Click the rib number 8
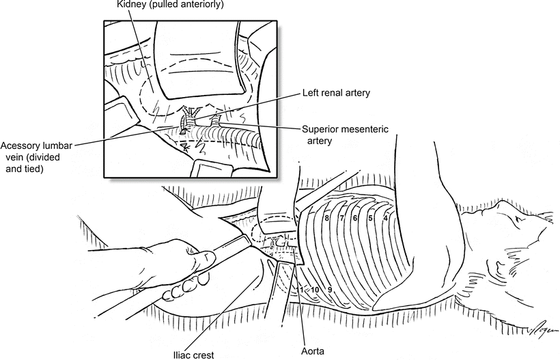coord(328,218)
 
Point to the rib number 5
coord(370,219)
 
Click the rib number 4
coord(386,219)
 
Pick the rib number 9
coord(329,290)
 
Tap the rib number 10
coord(316,290)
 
